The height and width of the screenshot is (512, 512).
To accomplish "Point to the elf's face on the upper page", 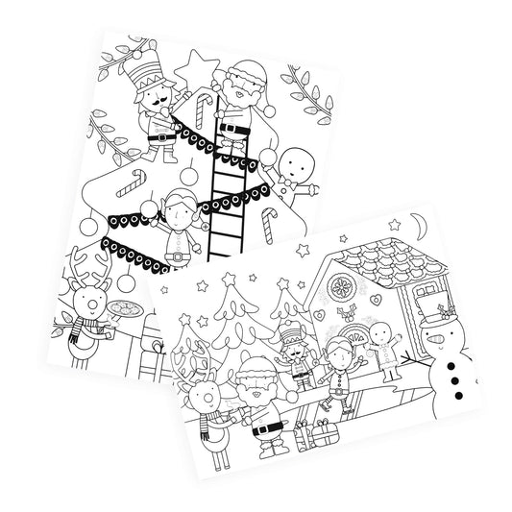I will (x=179, y=211).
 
